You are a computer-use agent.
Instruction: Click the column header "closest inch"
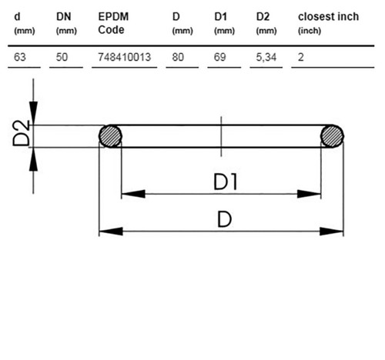point(328,17)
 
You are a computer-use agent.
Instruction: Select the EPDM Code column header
point(113,23)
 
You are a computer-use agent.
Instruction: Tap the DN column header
point(64,17)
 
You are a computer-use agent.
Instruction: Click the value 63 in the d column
point(20,57)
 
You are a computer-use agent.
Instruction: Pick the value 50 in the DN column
point(62,57)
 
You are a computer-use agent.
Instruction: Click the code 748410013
point(125,57)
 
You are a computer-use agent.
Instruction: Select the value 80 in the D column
point(178,57)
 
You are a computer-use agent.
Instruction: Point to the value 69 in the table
point(220,57)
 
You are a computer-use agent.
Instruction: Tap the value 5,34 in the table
point(266,57)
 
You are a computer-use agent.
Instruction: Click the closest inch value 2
point(301,57)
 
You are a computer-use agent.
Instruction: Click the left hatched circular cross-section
point(110,136)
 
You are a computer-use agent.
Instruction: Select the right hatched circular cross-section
point(332,136)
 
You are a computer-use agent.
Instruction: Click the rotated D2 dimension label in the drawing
point(21,133)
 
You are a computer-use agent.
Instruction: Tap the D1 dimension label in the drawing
point(226,182)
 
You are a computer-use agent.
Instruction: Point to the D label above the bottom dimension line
point(225,219)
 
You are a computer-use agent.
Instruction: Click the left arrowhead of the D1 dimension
point(133,194)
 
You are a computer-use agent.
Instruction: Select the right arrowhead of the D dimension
point(331,232)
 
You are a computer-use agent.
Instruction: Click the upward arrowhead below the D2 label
point(33,159)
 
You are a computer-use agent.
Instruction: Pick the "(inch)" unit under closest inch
point(310,31)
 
